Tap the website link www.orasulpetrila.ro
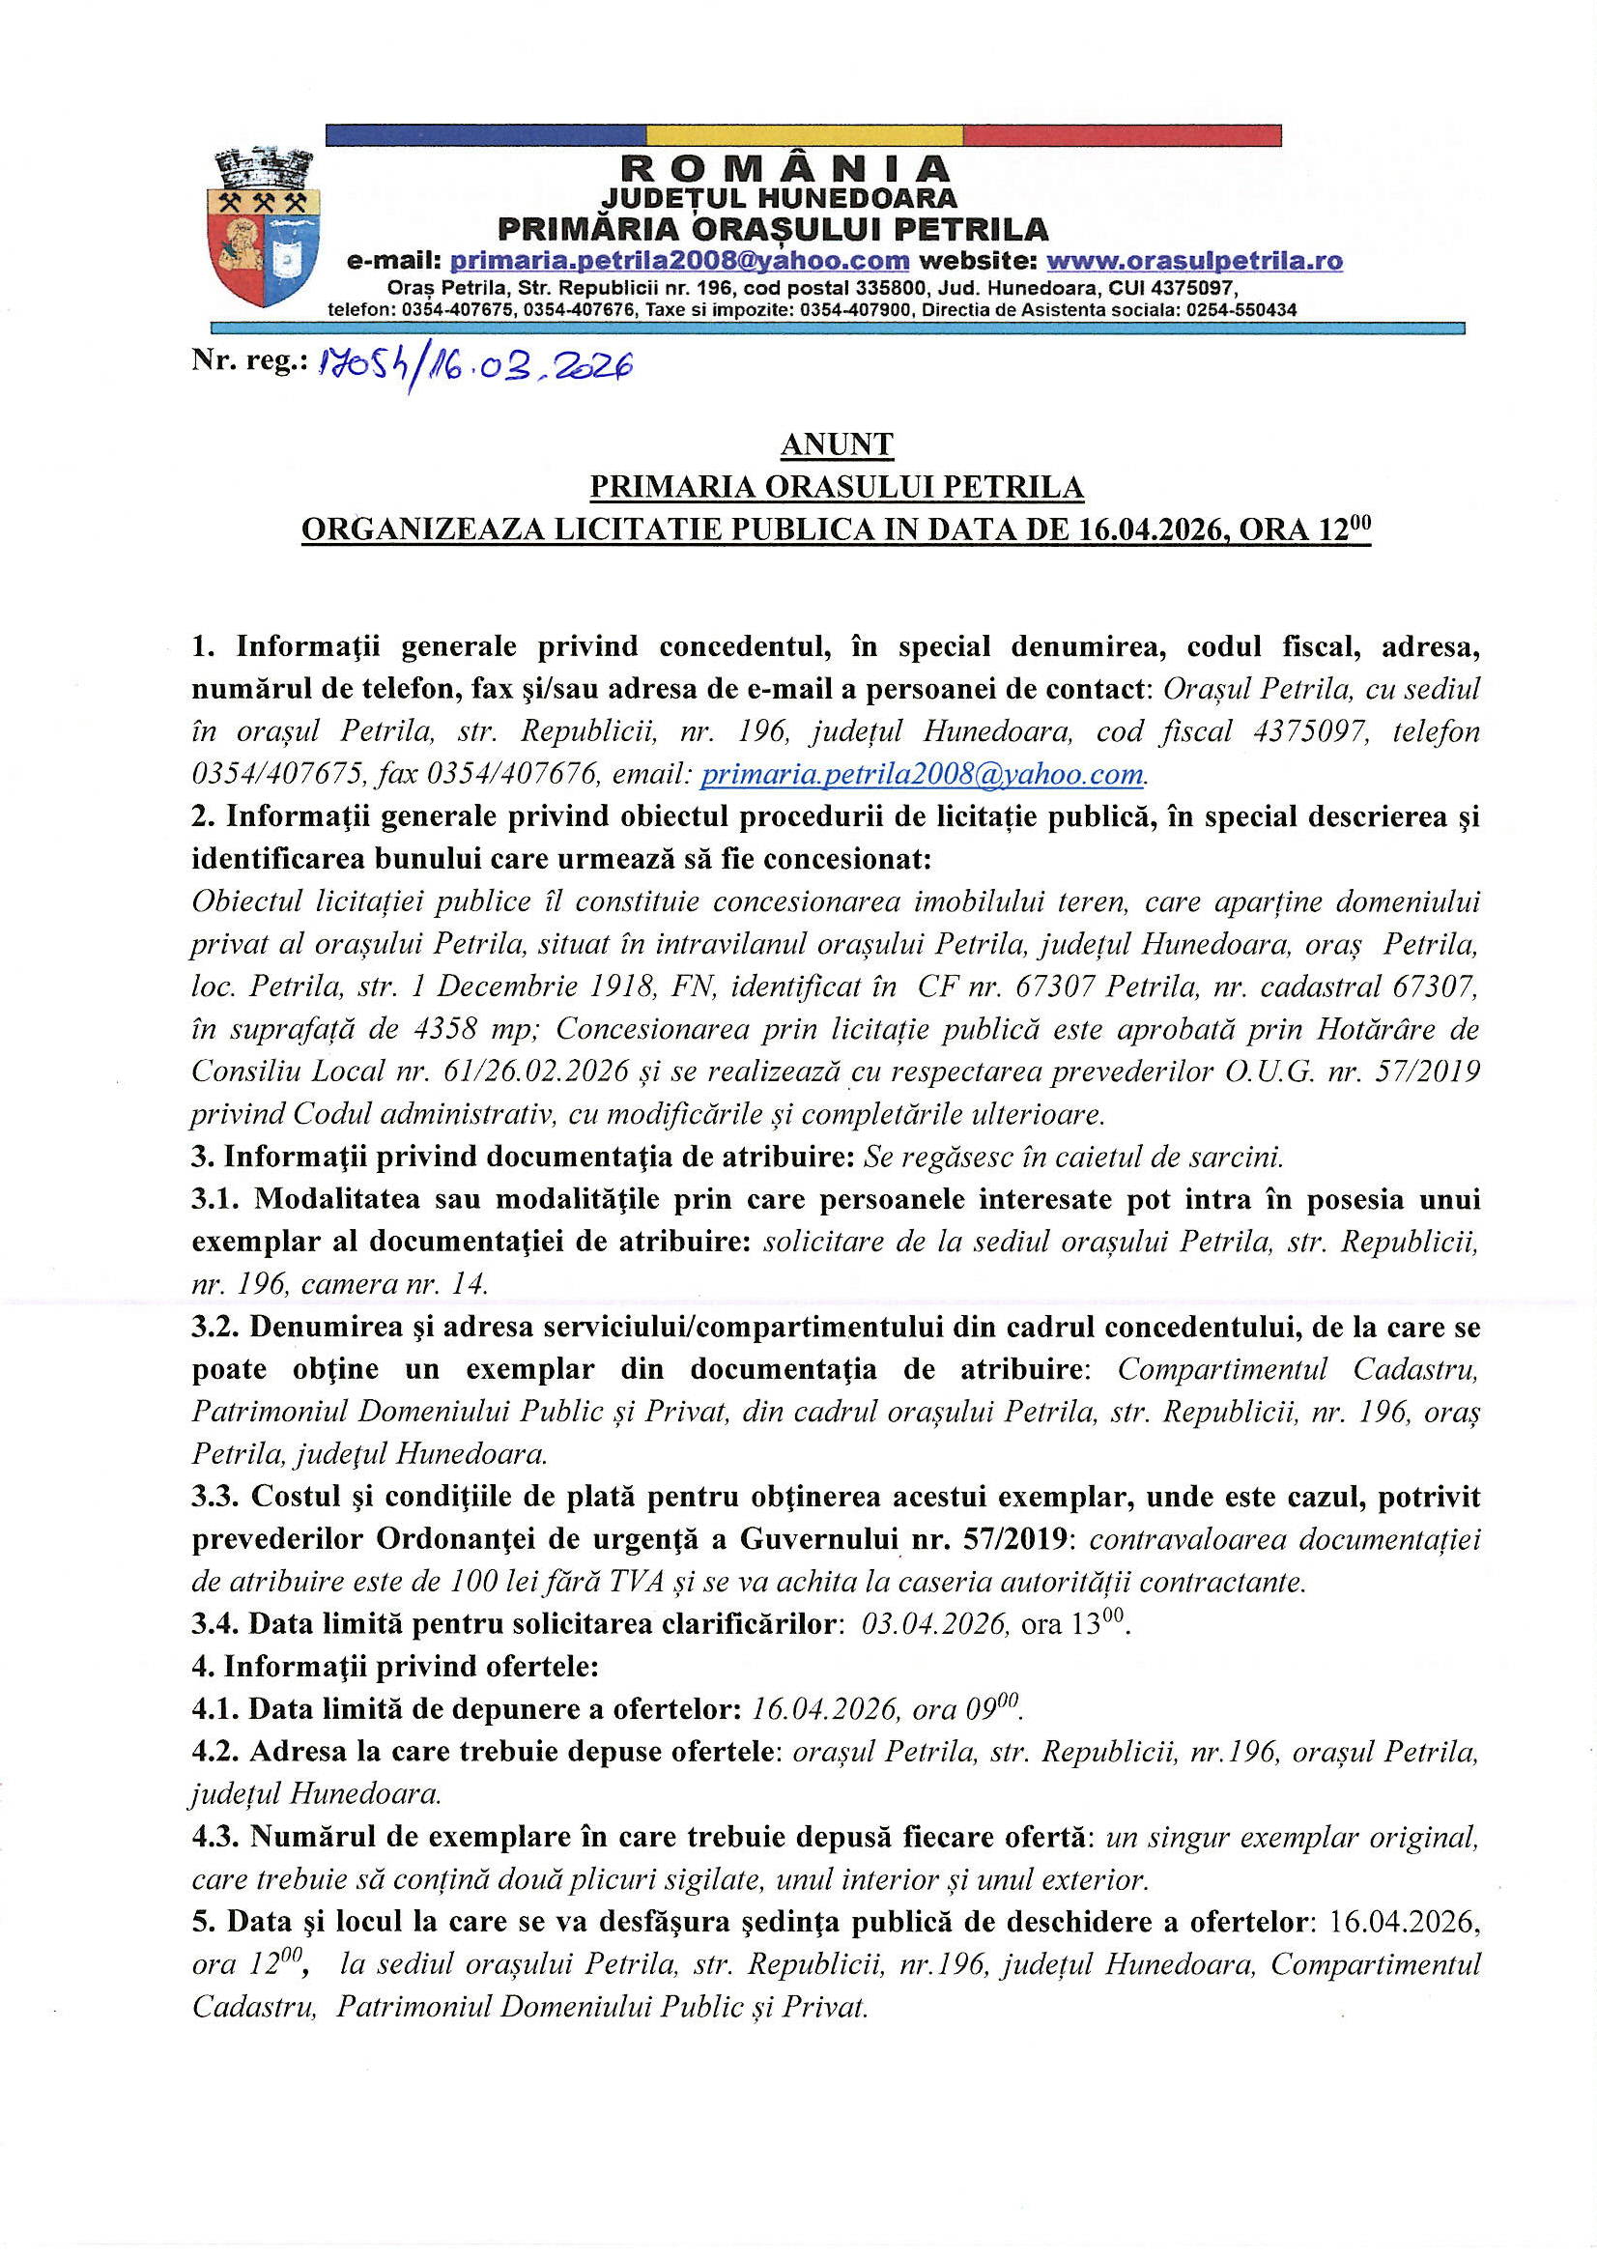(x=1193, y=261)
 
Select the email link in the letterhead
(x=679, y=261)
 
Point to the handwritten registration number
(x=471, y=365)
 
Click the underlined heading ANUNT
(x=837, y=444)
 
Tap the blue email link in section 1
(x=922, y=774)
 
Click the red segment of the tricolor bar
(x=1122, y=135)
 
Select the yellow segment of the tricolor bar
(x=804, y=135)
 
